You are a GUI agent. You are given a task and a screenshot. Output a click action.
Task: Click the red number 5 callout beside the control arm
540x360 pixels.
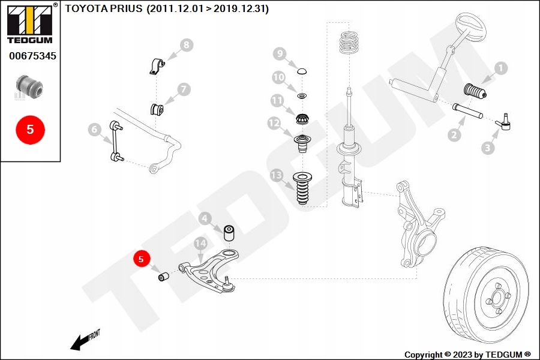[x=142, y=260]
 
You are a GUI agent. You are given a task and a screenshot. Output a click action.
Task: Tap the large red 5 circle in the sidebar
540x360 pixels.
[x=30, y=129]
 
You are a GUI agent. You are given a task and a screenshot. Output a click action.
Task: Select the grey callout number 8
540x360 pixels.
[x=186, y=45]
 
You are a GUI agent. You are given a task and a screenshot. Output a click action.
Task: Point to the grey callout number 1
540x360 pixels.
[x=500, y=69]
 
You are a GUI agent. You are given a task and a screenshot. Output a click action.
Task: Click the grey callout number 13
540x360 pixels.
[x=276, y=176]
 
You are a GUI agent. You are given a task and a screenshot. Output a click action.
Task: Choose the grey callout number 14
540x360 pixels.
[x=200, y=243]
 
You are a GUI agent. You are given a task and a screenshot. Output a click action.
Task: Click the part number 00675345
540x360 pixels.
[x=32, y=56]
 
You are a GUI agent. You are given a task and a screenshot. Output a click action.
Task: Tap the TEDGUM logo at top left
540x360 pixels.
[x=29, y=23]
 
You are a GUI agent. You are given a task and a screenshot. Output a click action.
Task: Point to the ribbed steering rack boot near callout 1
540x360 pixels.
[x=475, y=94]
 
